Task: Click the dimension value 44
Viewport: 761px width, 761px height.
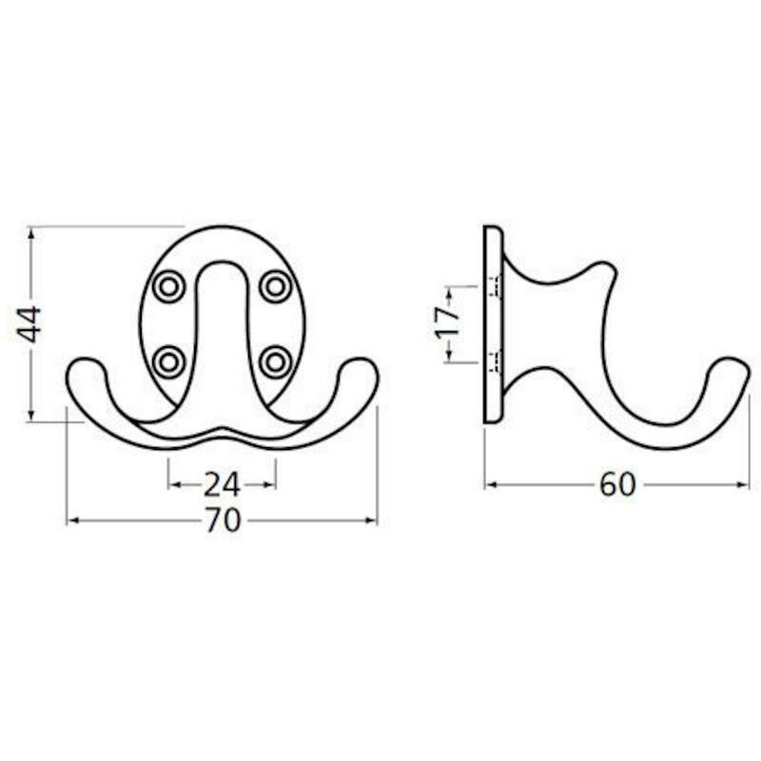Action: point(29,323)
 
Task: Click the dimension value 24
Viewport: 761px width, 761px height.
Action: point(222,485)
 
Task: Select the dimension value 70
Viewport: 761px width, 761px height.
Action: point(223,520)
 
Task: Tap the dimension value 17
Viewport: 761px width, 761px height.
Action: point(446,322)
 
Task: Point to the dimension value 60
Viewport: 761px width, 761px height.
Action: point(617,484)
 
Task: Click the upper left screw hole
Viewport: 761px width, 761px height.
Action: point(169,286)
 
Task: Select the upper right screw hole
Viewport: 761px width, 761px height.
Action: point(276,286)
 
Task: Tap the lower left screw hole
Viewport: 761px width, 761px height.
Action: point(169,362)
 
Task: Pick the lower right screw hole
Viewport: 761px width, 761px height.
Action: point(276,362)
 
